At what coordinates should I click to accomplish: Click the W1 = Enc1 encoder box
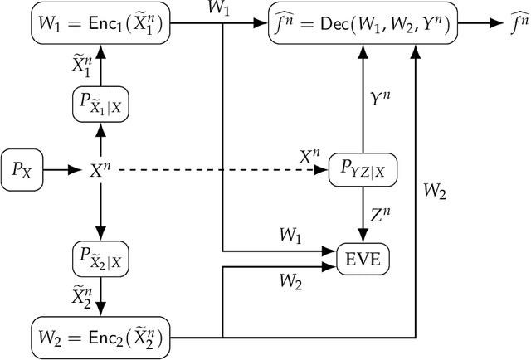pos(99,26)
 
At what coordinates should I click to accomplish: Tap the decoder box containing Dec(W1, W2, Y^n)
pos(362,26)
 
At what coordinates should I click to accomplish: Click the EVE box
pos(361,259)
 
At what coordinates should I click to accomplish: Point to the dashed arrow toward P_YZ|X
pos(216,169)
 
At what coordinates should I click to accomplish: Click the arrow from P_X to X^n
pos(59,169)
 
